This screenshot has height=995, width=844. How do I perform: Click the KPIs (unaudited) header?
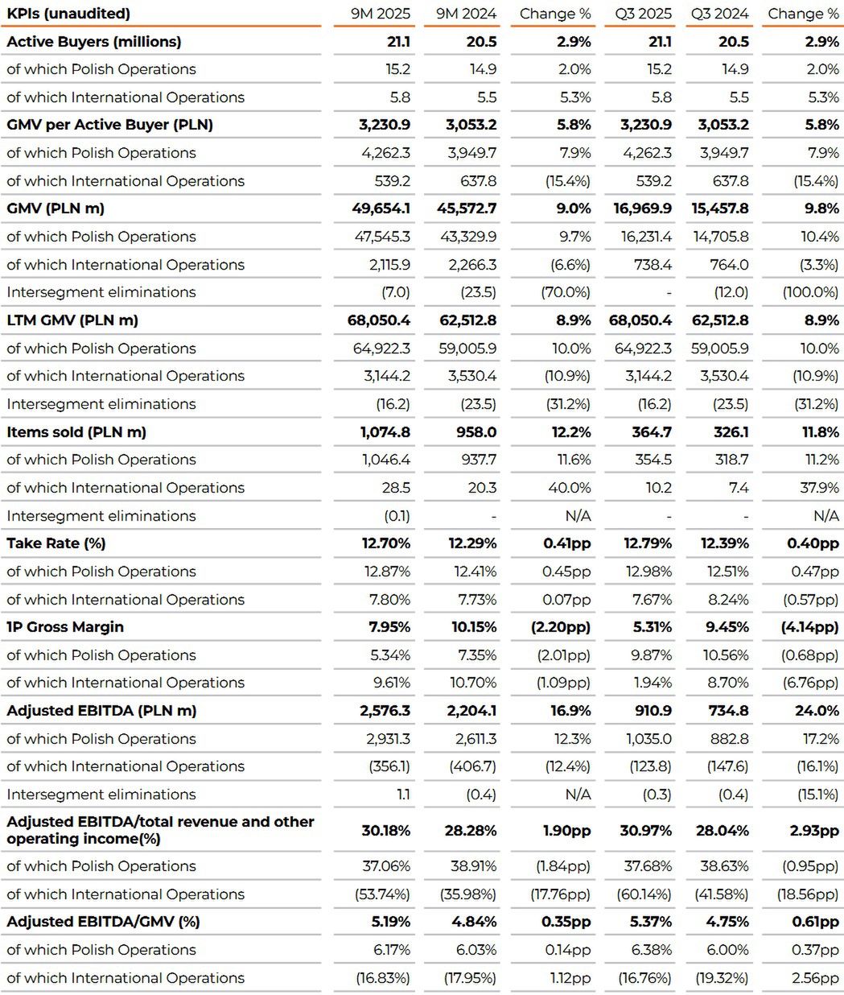click(68, 14)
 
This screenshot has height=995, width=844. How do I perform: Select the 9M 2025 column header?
click(381, 14)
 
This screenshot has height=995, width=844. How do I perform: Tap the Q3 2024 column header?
click(719, 14)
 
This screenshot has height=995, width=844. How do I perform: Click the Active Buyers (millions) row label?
click(94, 42)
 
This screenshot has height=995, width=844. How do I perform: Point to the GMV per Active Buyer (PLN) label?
click(110, 125)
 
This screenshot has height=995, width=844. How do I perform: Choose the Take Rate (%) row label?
click(56, 543)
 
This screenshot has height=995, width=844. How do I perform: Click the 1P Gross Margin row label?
click(65, 627)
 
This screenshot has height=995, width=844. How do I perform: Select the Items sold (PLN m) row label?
click(76, 432)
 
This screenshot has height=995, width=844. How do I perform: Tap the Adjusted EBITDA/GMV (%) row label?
click(103, 922)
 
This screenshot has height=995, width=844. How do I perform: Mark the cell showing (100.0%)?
click(811, 292)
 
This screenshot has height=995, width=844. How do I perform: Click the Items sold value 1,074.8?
click(385, 432)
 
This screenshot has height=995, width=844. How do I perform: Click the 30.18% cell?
click(386, 830)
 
